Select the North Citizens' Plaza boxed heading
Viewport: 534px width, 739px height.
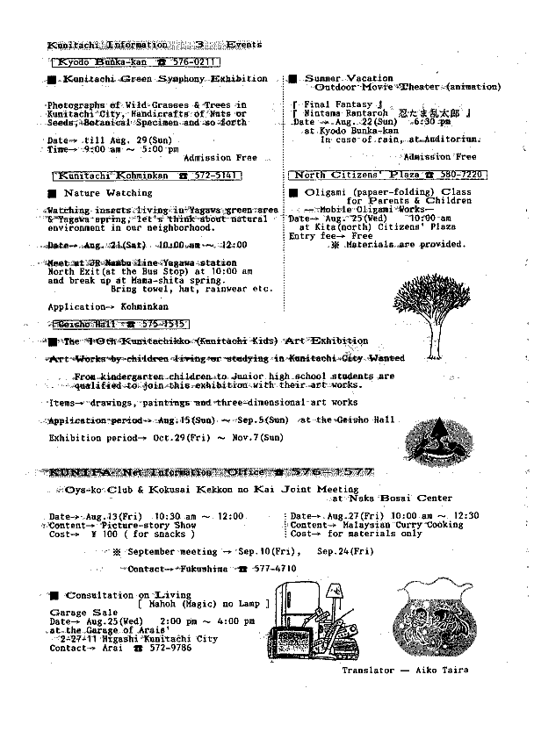(387, 176)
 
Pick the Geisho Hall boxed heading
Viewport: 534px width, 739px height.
(119, 324)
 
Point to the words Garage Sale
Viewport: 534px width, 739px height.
(81, 613)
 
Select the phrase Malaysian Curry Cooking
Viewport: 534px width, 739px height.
(400, 525)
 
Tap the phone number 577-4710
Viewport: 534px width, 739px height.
(271, 569)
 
